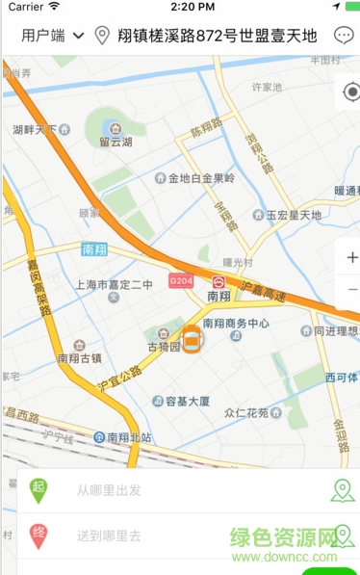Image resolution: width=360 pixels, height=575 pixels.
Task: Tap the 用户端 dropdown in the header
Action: [53, 37]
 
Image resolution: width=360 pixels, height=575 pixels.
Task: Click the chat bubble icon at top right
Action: [344, 37]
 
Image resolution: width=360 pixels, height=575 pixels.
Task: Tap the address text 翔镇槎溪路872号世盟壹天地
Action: [217, 37]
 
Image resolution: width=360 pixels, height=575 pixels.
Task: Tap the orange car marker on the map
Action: [192, 339]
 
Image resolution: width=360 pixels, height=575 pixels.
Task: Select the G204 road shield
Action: [180, 279]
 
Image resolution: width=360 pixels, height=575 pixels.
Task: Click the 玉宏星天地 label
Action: [294, 215]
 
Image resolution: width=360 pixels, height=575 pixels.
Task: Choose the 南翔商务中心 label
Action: [236, 324]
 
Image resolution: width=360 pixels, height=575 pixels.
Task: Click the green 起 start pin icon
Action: [39, 489]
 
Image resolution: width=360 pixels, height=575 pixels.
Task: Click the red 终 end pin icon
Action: [39, 535]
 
